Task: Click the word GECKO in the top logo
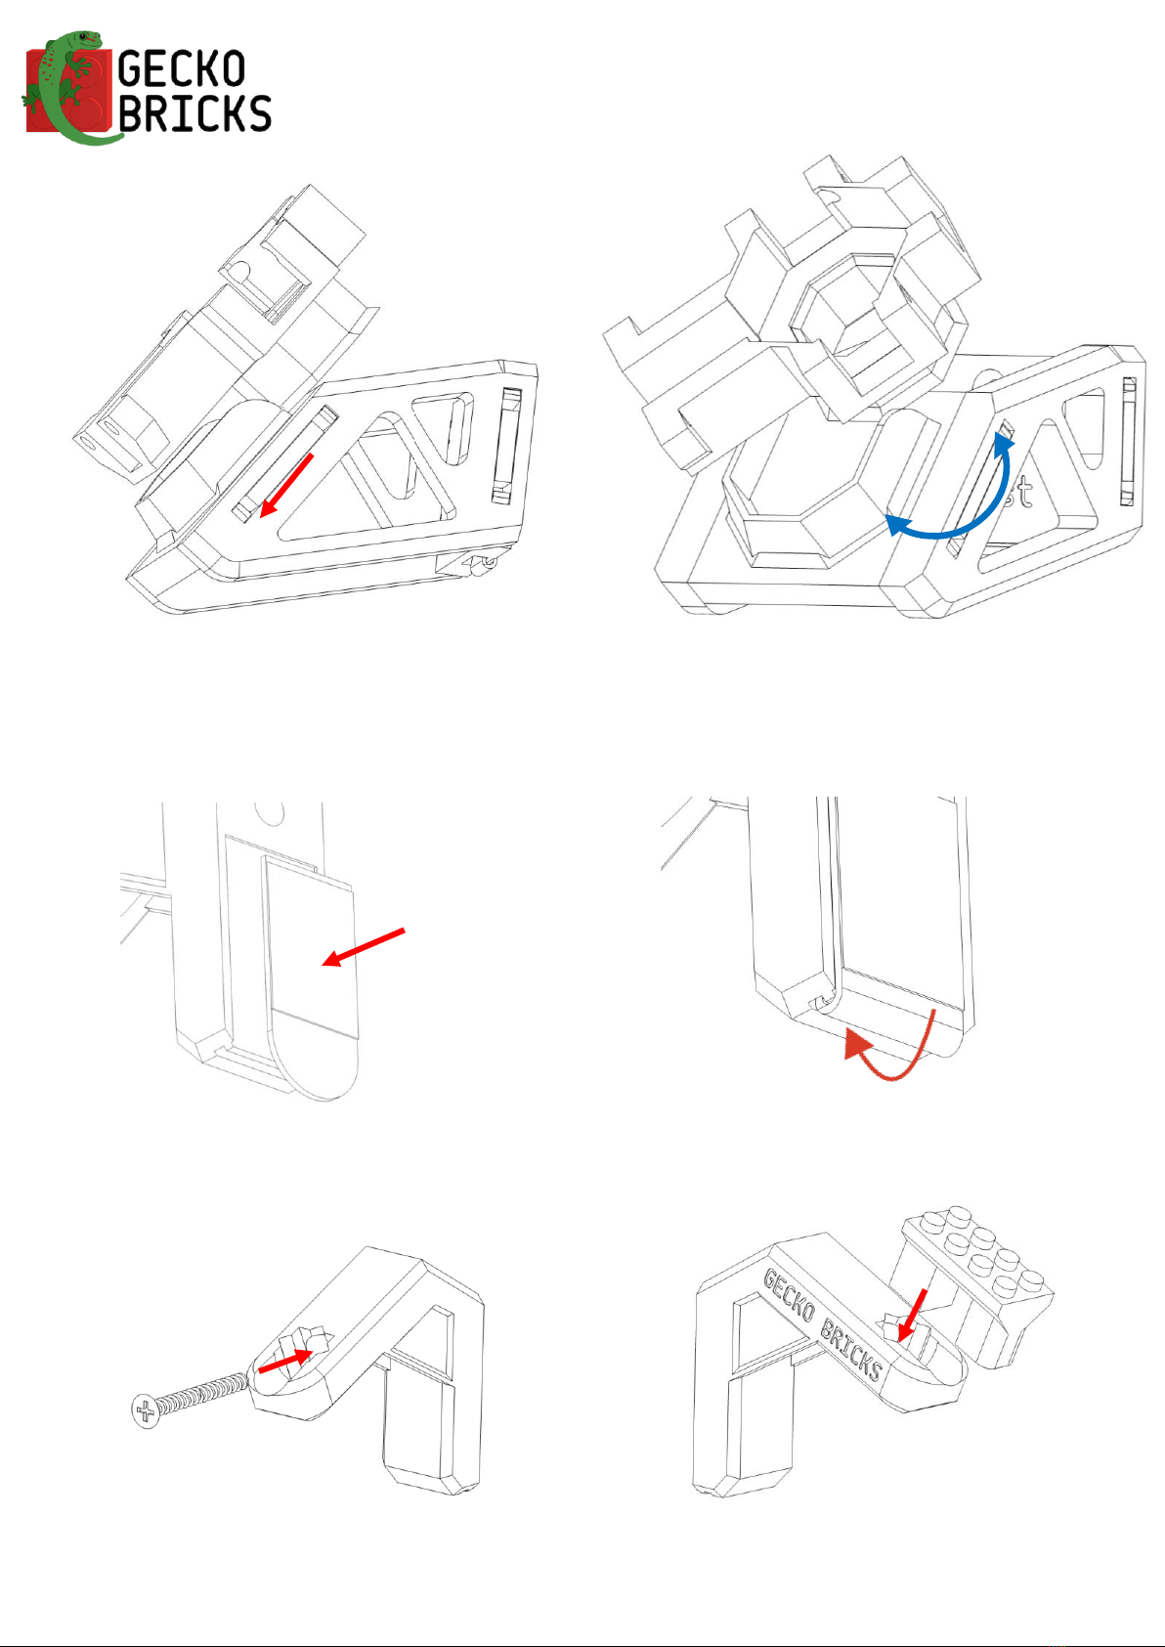(181, 69)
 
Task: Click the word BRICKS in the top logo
(194, 113)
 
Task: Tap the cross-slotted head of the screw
(145, 1410)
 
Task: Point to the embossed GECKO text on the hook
(788, 1294)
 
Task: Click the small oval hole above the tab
(268, 811)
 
